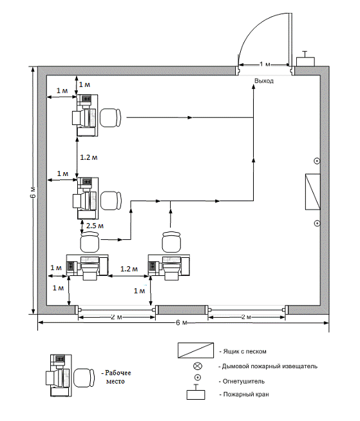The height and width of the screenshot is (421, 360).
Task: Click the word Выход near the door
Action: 264,81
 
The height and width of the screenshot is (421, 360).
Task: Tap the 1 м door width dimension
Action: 265,64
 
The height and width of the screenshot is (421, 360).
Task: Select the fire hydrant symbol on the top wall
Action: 305,59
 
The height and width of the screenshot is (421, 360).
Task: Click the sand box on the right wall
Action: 313,191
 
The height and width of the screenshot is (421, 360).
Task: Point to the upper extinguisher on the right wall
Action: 317,161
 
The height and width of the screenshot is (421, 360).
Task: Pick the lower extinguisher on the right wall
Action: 317,223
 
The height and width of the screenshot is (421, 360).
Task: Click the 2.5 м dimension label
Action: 95,226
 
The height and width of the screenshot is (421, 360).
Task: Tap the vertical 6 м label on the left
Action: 33,192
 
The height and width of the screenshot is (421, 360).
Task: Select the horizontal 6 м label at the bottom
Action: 182,322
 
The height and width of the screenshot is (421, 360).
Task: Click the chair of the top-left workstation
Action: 111,117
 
